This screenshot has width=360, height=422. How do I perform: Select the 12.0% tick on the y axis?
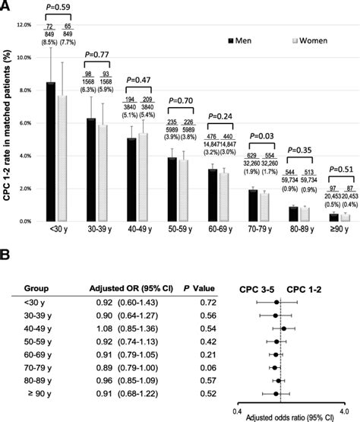(x=25, y=25)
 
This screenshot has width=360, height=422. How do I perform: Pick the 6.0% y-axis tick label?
(x=25, y=123)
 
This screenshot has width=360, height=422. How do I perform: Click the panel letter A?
(x=5, y=6)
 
